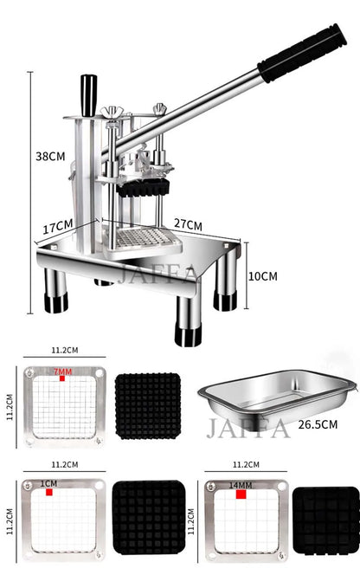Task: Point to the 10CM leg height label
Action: tap(263, 276)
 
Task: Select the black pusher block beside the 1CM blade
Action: tap(148, 518)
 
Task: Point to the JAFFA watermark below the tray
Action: tap(247, 429)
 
